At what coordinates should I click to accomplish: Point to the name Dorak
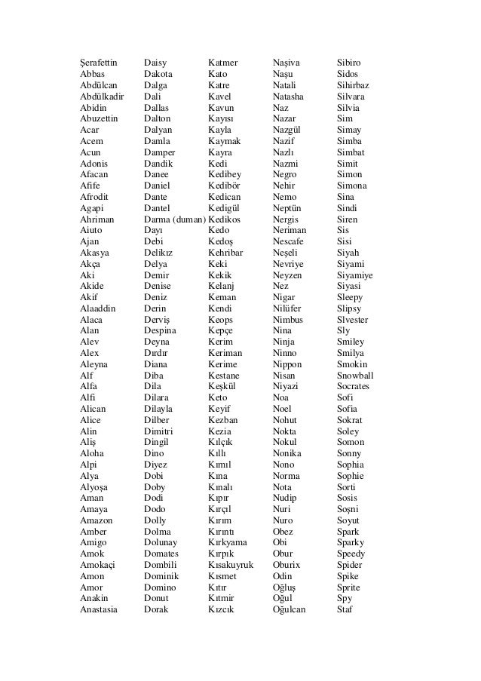coord(156,609)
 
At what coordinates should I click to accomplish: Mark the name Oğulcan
coord(289,609)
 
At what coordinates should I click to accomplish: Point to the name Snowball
coord(356,376)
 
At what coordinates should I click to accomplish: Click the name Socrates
coord(354,387)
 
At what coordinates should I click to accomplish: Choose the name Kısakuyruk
coord(231,565)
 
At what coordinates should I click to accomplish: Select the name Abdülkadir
coord(102,97)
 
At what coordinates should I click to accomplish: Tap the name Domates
coord(161,554)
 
